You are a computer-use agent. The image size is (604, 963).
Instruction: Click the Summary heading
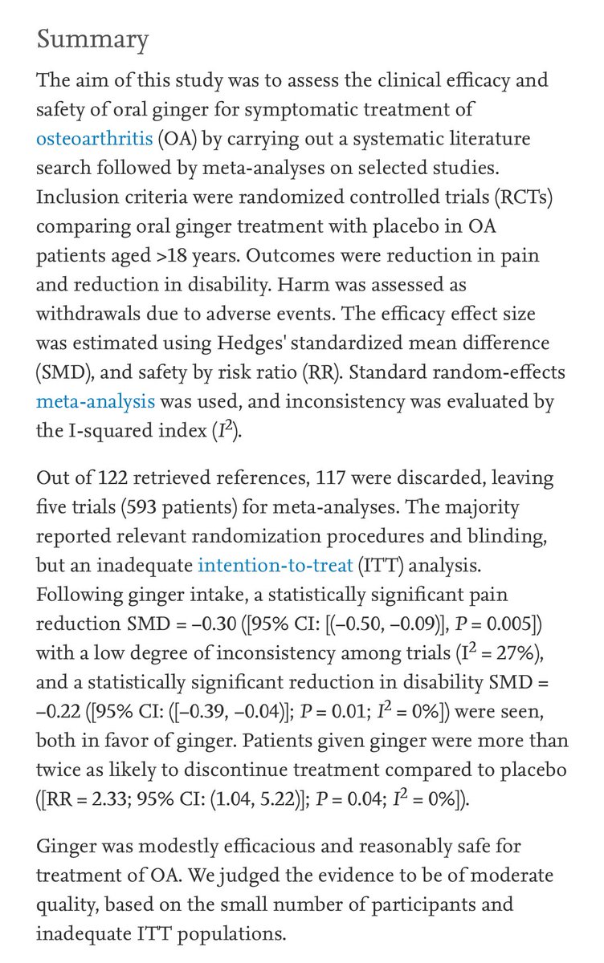point(92,39)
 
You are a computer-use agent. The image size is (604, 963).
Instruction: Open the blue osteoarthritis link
point(94,138)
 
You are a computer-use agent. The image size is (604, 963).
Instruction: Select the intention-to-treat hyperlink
point(275,566)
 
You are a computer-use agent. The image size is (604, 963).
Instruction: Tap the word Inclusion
point(73,197)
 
